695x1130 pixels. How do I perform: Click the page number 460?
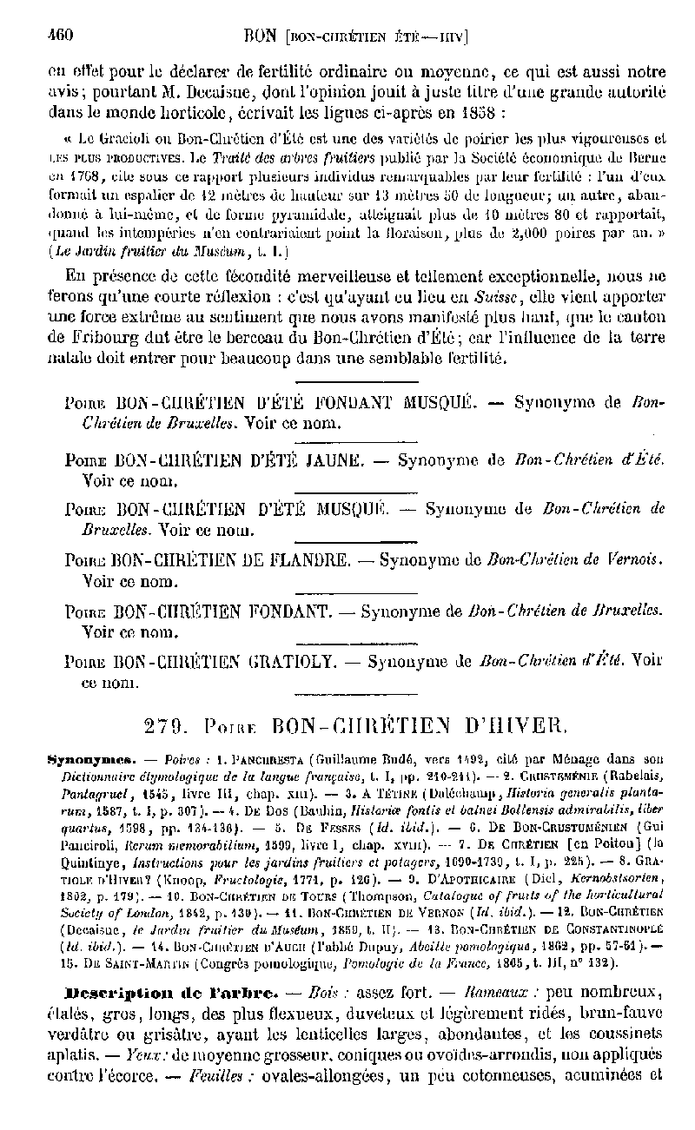[60, 36]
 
